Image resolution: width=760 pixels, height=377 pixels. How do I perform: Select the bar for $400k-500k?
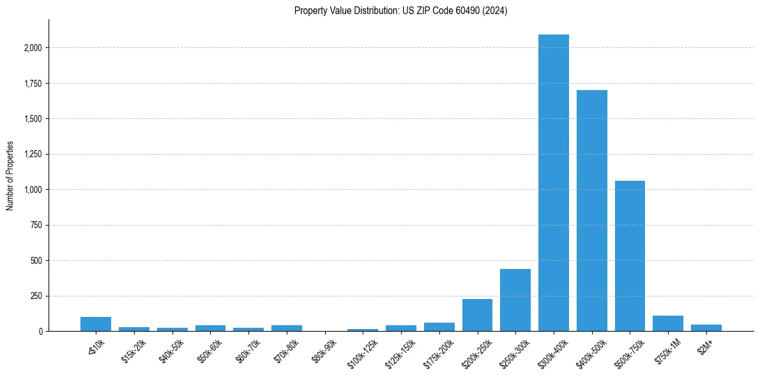(591, 211)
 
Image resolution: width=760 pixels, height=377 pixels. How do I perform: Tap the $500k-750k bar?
(630, 256)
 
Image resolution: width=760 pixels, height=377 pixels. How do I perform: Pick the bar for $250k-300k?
(515, 300)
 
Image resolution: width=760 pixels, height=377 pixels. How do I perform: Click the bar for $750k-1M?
(668, 323)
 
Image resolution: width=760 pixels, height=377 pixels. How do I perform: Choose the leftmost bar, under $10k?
(96, 324)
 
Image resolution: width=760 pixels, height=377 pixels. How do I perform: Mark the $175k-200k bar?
(439, 327)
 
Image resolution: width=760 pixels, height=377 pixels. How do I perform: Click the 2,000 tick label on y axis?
(33, 48)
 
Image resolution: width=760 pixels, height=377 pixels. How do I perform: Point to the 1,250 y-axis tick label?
(33, 154)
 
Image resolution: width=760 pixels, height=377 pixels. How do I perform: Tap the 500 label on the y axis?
(36, 261)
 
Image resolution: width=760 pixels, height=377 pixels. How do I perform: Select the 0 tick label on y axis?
(40, 332)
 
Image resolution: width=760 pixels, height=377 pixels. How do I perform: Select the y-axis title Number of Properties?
(10, 176)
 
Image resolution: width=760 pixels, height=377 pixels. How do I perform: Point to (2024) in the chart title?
(495, 11)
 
